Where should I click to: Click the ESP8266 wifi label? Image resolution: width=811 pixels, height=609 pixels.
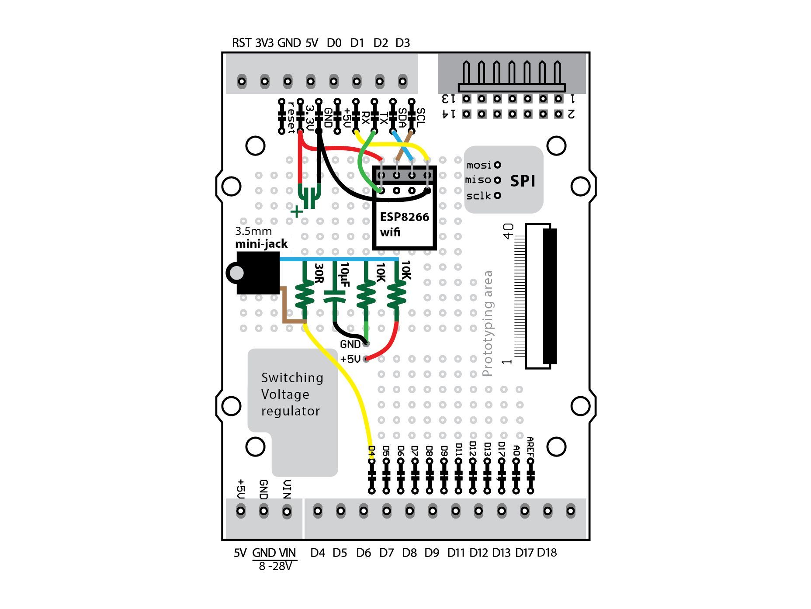click(x=404, y=224)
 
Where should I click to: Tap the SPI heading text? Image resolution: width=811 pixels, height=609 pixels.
click(x=523, y=180)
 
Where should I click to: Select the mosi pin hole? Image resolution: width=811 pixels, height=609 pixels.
click(x=497, y=165)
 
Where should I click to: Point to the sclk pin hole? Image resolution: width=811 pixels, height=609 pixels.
click(x=497, y=195)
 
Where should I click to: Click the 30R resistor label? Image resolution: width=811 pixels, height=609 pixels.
click(x=319, y=273)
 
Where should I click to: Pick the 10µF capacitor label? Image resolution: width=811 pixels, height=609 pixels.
click(x=344, y=275)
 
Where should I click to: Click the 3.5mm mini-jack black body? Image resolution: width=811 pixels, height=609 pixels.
click(x=258, y=273)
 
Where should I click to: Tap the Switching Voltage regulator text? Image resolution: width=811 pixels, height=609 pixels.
click(x=292, y=394)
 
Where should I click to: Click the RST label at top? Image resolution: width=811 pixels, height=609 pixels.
click(x=241, y=43)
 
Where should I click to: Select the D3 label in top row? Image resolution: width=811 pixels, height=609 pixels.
click(x=402, y=43)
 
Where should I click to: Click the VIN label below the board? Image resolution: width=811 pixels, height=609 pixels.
click(x=287, y=553)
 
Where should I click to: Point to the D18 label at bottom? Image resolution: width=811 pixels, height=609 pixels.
click(x=547, y=553)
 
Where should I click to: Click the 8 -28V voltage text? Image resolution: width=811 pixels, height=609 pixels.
click(x=275, y=566)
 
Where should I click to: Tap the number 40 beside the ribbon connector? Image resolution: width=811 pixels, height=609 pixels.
click(x=508, y=231)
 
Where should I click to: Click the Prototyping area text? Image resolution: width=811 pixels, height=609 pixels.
click(x=488, y=323)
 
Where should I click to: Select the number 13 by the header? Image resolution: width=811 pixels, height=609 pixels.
click(x=449, y=99)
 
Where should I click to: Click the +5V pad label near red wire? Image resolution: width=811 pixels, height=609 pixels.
click(x=350, y=359)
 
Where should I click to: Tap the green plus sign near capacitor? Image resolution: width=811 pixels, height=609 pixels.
click(x=297, y=212)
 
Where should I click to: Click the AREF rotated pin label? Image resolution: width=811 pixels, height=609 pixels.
click(x=530, y=447)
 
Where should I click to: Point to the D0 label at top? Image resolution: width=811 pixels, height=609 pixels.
click(x=334, y=43)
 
